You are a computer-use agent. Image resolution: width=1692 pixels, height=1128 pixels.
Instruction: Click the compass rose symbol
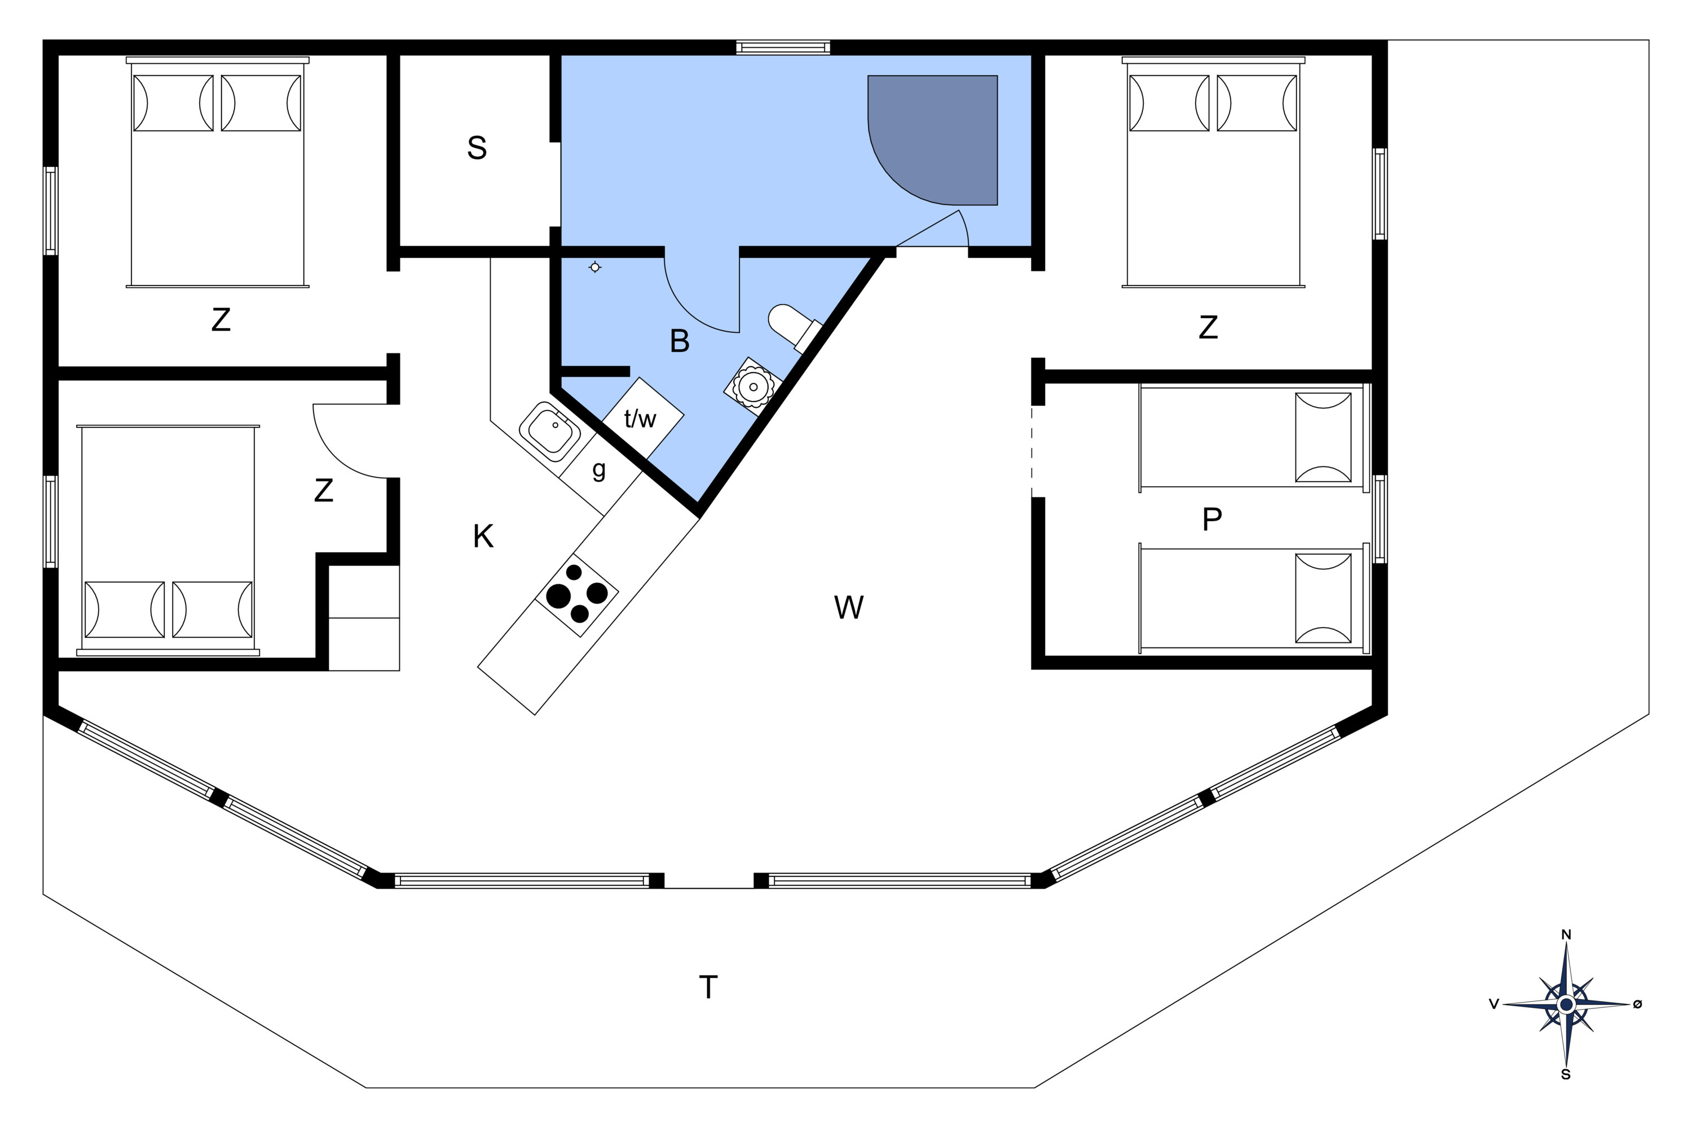pos(1566,1004)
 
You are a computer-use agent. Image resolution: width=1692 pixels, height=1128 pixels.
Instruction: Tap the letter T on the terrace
pos(708,987)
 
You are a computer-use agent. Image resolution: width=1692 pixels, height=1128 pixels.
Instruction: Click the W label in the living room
pos(849,607)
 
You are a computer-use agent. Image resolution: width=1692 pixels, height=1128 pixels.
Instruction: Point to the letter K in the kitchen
pos(483,536)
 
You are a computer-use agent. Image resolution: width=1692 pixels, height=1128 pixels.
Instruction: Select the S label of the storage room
pos(477,147)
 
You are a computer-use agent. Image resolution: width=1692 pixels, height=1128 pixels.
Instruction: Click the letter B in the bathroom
pos(679,341)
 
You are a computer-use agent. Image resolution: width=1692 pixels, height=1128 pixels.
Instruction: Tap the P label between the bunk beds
pos(1212,519)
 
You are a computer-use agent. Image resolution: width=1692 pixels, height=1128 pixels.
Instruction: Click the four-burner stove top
pos(577,595)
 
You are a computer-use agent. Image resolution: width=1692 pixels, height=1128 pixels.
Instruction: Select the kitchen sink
pos(551,431)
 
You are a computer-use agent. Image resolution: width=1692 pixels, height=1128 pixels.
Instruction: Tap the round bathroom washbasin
pos(753,387)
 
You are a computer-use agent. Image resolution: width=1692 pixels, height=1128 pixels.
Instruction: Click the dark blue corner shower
pos(933,140)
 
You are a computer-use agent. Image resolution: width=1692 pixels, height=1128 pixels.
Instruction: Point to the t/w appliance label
pos(640,418)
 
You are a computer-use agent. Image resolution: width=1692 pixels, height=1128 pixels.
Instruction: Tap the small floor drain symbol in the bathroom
pos(595,267)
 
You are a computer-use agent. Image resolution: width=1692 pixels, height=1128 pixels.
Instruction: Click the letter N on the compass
pos(1566,935)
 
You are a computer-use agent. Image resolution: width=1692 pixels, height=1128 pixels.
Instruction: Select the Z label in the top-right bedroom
pos(1209,327)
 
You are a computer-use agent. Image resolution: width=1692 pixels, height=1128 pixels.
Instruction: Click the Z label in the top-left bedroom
pos(221,319)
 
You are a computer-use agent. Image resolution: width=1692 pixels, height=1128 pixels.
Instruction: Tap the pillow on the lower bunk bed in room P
pos(1323,598)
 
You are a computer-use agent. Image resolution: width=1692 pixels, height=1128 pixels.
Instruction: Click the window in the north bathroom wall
pos(783,47)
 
